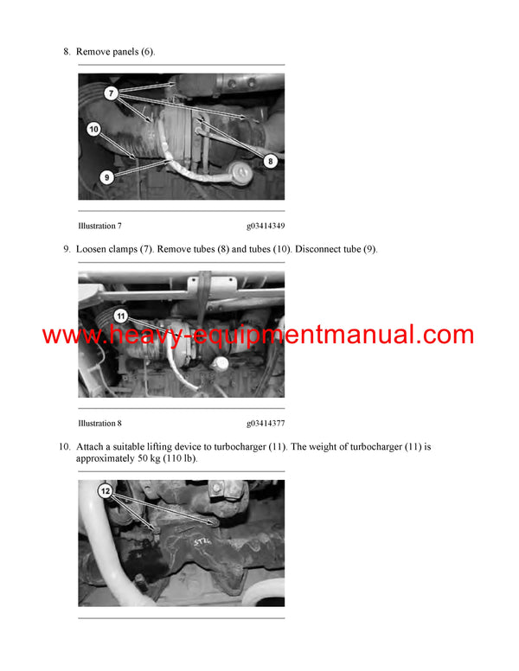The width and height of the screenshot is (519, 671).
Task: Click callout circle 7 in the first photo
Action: tap(112, 92)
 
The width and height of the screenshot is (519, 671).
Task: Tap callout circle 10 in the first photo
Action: tap(93, 129)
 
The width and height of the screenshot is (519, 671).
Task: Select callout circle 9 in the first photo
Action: tap(107, 176)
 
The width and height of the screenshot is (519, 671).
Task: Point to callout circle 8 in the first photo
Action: tap(269, 160)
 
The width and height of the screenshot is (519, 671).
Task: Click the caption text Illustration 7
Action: tap(99, 226)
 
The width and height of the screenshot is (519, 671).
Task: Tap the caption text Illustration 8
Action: tap(99, 424)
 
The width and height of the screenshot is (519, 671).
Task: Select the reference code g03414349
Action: tap(265, 226)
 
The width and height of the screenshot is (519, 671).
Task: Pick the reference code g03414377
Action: tap(265, 424)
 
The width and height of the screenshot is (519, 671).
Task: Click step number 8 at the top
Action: tap(67, 52)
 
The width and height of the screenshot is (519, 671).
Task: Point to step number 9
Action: tap(67, 250)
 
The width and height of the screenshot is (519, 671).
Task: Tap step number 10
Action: tap(64, 447)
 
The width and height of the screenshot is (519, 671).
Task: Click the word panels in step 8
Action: tap(124, 52)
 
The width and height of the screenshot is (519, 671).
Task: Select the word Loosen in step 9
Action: tap(93, 250)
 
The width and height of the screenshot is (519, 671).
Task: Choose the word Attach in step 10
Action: tap(91, 447)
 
